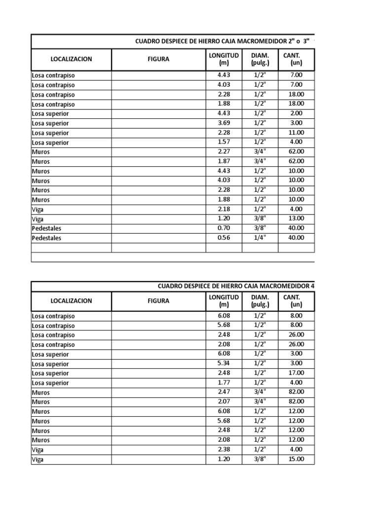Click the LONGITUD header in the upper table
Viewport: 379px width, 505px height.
pyautogui.click(x=224, y=59)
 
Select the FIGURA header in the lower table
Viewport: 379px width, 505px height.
pyautogui.click(x=158, y=300)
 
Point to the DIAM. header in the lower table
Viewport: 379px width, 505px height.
pyautogui.click(x=260, y=300)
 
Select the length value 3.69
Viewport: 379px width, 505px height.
pyautogui.click(x=224, y=123)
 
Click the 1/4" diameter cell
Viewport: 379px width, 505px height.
pyautogui.click(x=260, y=237)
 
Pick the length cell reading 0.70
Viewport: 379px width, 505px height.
pyautogui.click(x=224, y=228)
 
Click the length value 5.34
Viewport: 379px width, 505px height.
pyautogui.click(x=224, y=363)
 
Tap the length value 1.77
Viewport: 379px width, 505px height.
pyautogui.click(x=224, y=382)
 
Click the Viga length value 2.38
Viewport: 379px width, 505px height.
pyautogui.click(x=224, y=449)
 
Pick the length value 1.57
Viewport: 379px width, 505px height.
pyautogui.click(x=224, y=142)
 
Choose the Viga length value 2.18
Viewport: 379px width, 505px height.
pyautogui.click(x=224, y=209)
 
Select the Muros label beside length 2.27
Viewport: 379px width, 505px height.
pyautogui.click(x=41, y=152)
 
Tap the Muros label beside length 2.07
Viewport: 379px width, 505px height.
pyautogui.click(x=41, y=402)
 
